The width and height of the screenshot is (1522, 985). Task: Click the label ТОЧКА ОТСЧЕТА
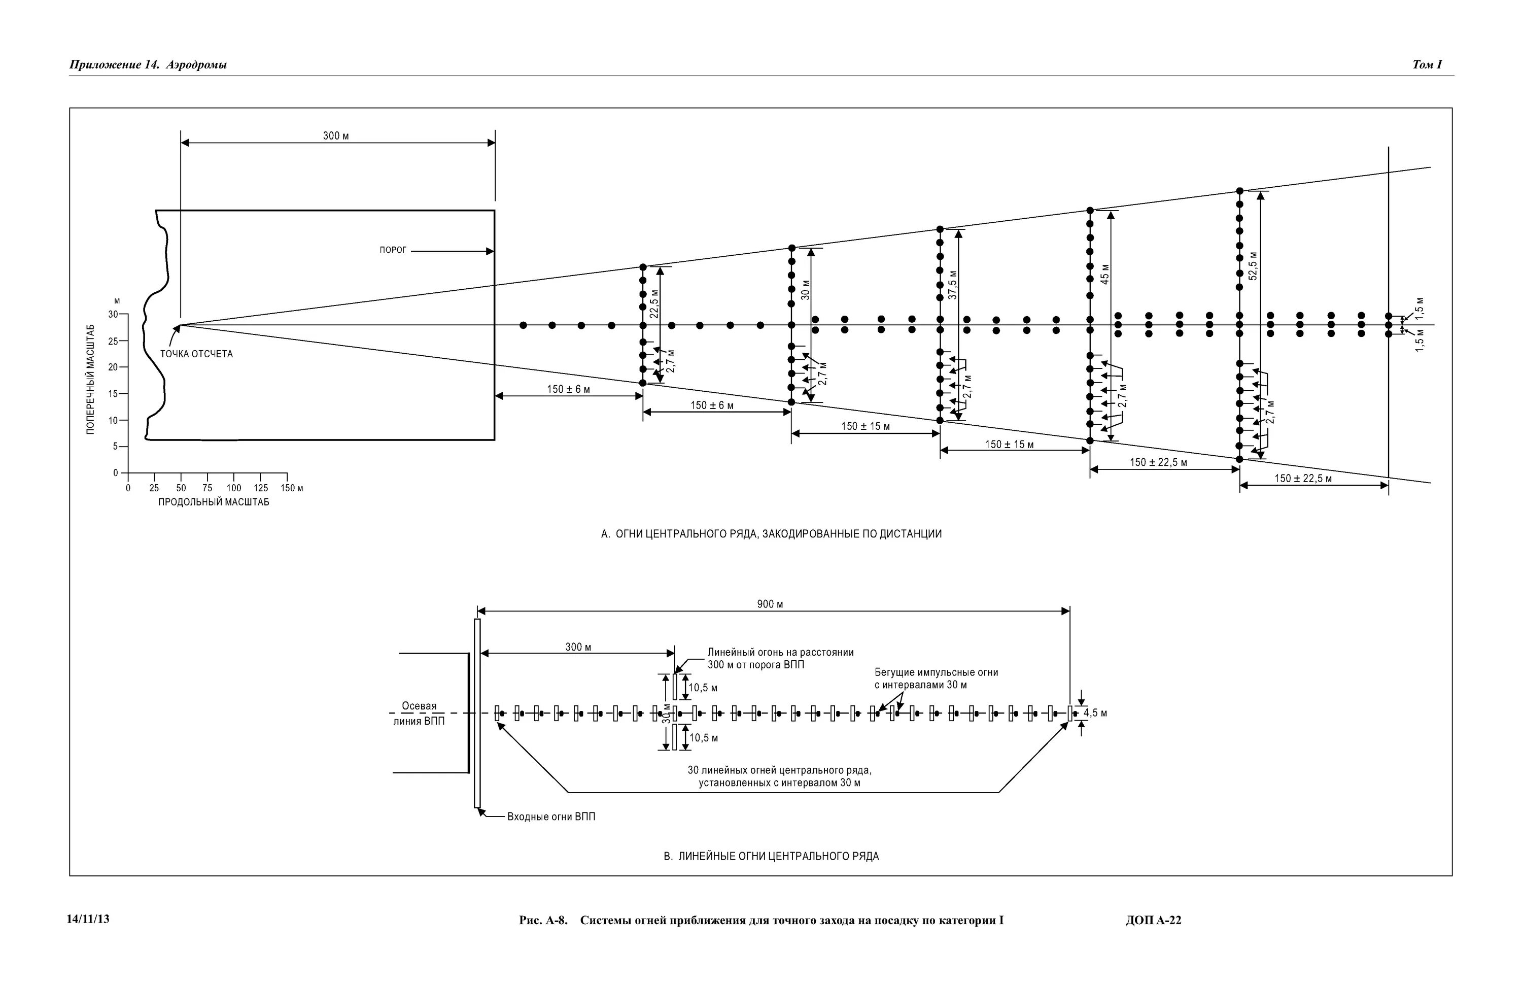point(196,354)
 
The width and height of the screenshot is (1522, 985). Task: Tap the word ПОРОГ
point(393,250)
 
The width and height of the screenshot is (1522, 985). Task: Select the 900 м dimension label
point(770,604)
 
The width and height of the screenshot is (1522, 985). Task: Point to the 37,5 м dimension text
point(953,285)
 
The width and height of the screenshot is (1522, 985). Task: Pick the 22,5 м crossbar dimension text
point(654,304)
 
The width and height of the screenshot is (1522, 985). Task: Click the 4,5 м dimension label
point(1095,713)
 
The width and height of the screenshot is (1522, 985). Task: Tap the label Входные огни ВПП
point(550,817)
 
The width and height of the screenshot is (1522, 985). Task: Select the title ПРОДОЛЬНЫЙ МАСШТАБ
point(214,502)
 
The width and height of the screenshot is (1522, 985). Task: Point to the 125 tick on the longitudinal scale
point(260,488)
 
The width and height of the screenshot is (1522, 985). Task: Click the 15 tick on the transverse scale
point(113,394)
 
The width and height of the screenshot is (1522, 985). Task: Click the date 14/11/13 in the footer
point(88,919)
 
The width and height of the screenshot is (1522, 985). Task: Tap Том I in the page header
point(1427,64)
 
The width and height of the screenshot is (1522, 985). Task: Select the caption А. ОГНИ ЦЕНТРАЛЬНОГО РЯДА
point(771,534)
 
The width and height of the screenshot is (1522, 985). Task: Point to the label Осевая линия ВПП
point(419,713)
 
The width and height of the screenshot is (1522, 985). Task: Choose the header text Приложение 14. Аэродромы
point(148,64)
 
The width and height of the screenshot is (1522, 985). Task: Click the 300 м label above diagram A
point(336,135)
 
